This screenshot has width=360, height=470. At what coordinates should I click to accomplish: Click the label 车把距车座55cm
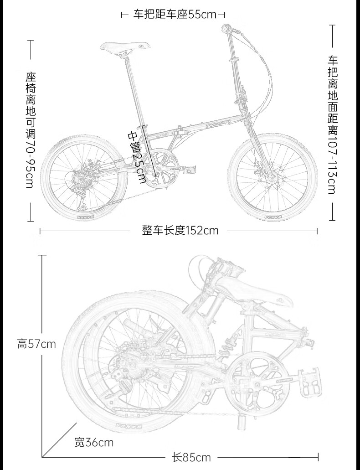[175, 15]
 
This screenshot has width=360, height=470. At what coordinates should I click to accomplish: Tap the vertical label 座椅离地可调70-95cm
[31, 129]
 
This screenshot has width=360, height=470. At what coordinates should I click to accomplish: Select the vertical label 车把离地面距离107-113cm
[331, 124]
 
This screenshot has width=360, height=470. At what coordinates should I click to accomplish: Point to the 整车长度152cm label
[180, 230]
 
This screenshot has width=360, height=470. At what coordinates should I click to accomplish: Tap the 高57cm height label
[36, 343]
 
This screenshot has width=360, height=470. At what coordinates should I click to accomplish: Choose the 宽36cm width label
[94, 442]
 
